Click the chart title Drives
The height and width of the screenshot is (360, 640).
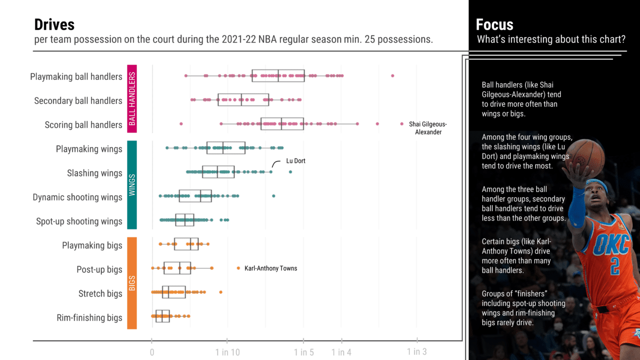[54, 25]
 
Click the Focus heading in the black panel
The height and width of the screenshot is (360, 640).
[494, 25]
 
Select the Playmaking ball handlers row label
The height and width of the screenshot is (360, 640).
[76, 77]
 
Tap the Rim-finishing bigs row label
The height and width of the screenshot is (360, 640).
[89, 318]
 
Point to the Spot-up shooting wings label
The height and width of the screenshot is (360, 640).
[79, 221]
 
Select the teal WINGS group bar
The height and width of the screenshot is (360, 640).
[132, 185]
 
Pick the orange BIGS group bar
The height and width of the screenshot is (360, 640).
[132, 283]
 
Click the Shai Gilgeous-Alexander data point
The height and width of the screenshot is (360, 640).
[401, 124]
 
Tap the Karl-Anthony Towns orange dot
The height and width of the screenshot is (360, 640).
[238, 268]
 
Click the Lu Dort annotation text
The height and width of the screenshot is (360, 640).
[295, 161]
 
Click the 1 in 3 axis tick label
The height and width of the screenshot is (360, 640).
[416, 351]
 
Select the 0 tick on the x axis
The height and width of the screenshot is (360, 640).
[152, 352]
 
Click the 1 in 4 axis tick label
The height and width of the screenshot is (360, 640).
[341, 352]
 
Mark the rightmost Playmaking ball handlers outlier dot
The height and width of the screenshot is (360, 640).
[392, 76]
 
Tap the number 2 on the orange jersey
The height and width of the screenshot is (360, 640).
[614, 265]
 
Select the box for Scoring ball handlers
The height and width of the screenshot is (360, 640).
[282, 124]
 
